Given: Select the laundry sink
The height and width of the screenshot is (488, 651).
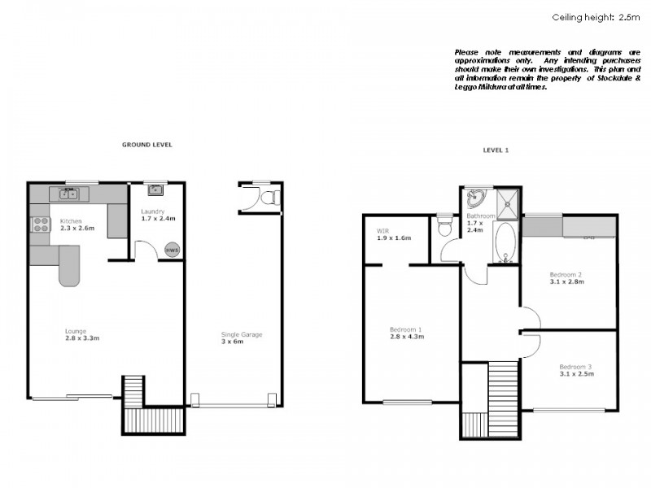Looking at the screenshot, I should pyautogui.click(x=155, y=190).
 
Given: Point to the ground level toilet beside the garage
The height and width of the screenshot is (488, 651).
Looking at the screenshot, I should pyautogui.click(x=269, y=197).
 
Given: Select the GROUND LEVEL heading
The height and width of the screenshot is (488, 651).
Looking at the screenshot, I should pyautogui.click(x=146, y=145).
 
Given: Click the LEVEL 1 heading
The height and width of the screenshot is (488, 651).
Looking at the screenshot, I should pyautogui.click(x=496, y=150).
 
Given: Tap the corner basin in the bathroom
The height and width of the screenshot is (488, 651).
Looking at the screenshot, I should pyautogui.click(x=475, y=198).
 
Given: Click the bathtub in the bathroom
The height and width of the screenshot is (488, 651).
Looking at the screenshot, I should pyautogui.click(x=505, y=245).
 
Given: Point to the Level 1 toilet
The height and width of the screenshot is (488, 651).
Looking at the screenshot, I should pyautogui.click(x=443, y=225).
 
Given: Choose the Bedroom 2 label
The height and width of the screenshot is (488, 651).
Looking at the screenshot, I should pyautogui.click(x=566, y=277).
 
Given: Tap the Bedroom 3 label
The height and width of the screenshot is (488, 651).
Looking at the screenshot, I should pyautogui.click(x=576, y=369).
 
